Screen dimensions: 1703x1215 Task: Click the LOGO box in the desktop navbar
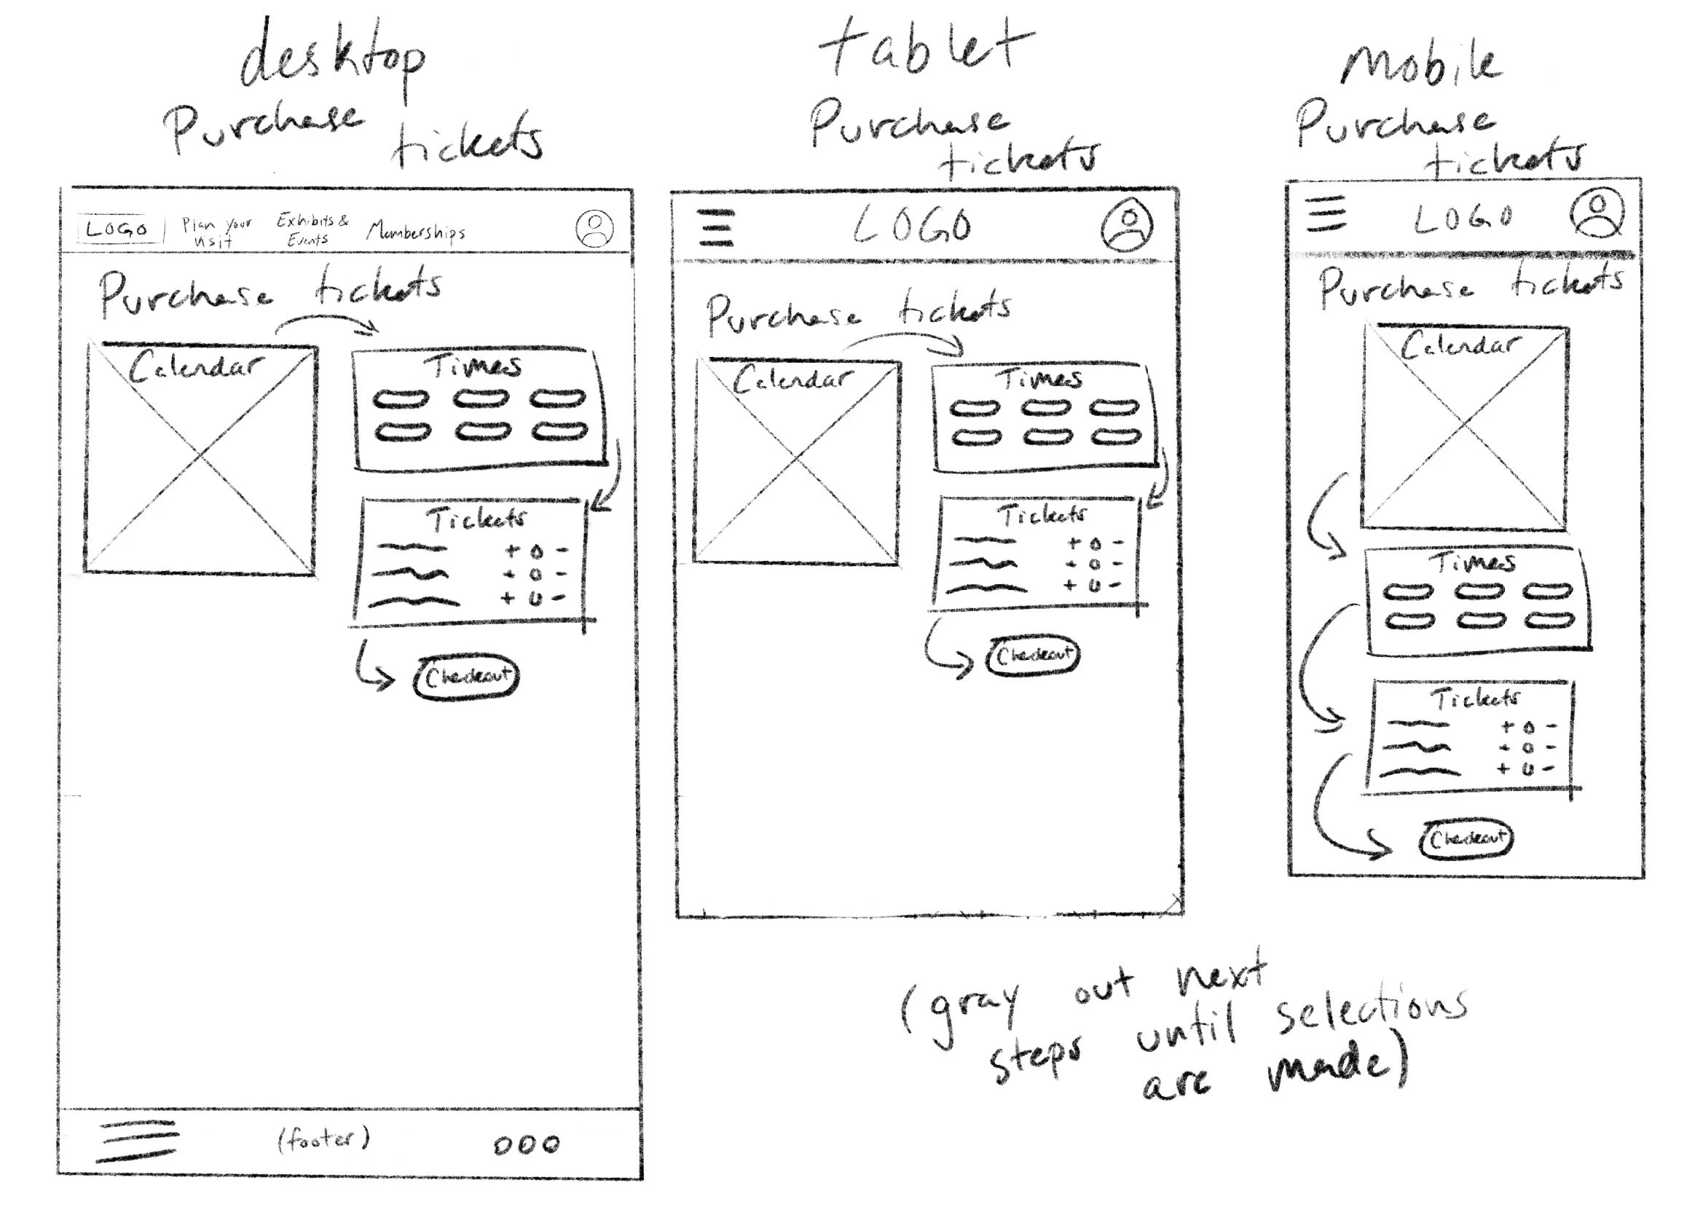118,228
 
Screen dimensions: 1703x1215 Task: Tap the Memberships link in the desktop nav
416,231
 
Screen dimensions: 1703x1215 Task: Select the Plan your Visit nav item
216,231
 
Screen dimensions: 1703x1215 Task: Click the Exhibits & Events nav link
312,229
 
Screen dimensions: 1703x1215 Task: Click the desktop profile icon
594,228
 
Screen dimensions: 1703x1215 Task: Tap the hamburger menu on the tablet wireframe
716,227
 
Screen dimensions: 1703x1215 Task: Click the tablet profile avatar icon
1126,224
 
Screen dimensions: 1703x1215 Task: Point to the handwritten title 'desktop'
333,60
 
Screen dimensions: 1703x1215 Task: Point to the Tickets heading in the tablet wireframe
1042,515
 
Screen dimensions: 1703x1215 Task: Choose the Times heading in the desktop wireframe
473,365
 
